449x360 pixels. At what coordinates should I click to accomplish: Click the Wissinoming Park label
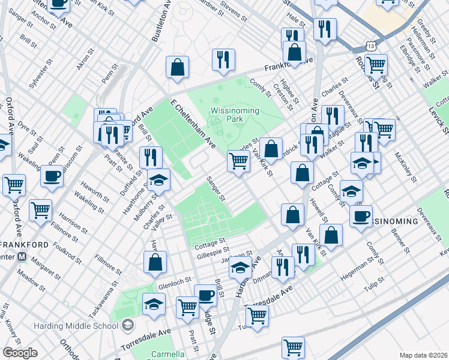pos(235,115)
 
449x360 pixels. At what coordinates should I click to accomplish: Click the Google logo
pos(20,353)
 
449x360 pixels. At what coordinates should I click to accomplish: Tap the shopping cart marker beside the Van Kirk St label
pos(239,161)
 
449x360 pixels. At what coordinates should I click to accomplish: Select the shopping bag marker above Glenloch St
pos(155,262)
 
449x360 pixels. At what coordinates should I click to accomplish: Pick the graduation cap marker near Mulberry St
pos(158,179)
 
